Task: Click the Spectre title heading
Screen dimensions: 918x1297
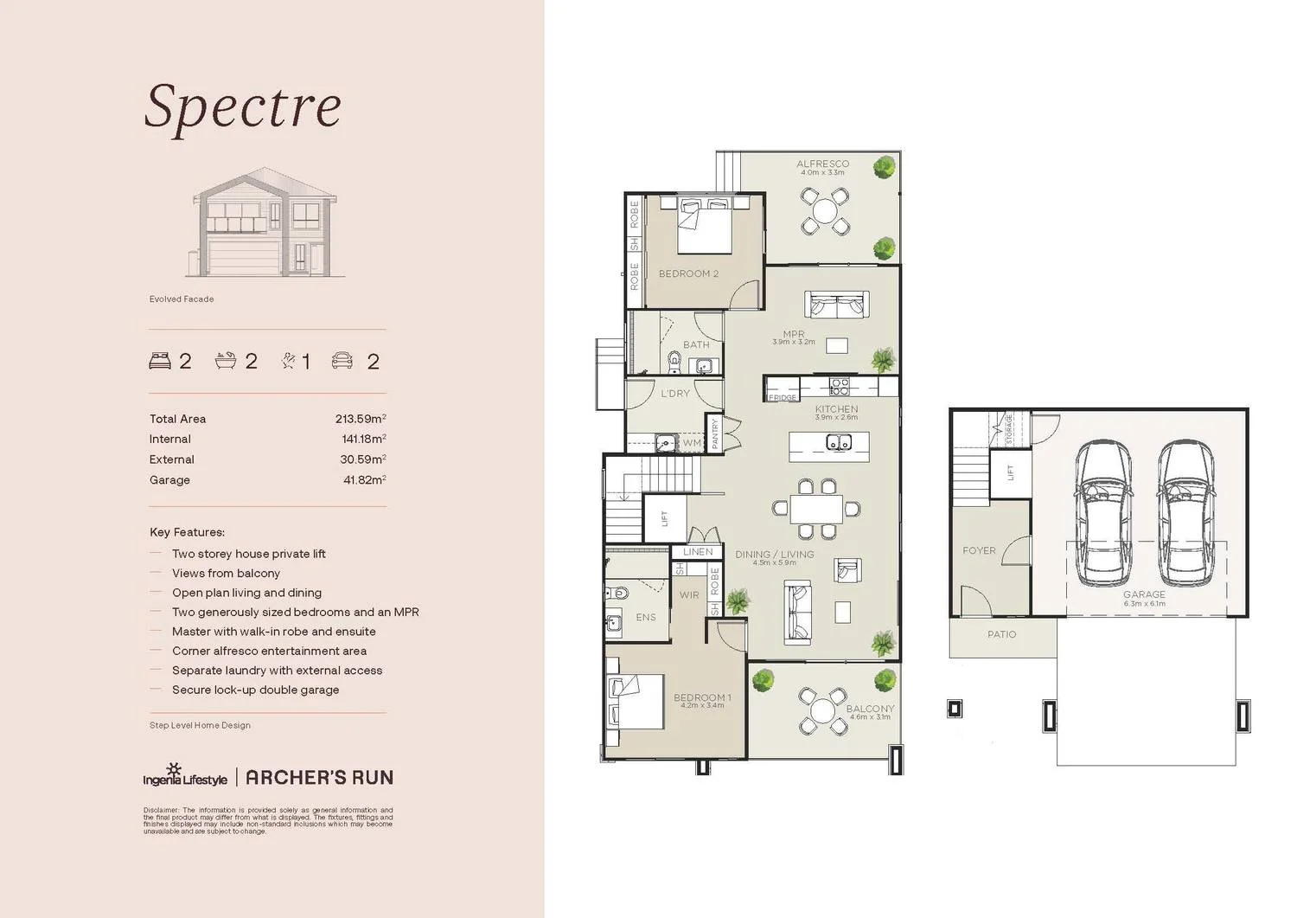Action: pyautogui.click(x=243, y=107)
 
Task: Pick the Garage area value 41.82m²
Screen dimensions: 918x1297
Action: pyautogui.click(x=364, y=480)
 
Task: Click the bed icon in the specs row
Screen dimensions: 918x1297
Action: pyautogui.click(x=160, y=361)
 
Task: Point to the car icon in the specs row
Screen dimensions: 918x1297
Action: pyautogui.click(x=342, y=361)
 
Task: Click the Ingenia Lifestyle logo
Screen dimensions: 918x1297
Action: pyautogui.click(x=185, y=776)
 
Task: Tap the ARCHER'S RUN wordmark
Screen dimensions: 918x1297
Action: pyautogui.click(x=319, y=777)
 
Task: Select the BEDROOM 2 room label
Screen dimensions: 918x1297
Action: pyautogui.click(x=688, y=273)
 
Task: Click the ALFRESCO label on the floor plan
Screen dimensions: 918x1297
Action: pyautogui.click(x=822, y=164)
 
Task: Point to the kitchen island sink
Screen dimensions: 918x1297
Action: pyautogui.click(x=837, y=443)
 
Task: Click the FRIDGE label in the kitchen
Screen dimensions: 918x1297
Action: pyautogui.click(x=783, y=398)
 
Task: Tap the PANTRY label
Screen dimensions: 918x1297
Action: pyautogui.click(x=715, y=433)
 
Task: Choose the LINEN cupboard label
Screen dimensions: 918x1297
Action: pyautogui.click(x=698, y=551)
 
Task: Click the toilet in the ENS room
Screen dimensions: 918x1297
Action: pyautogui.click(x=616, y=594)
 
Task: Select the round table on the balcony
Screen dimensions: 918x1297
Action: pyautogui.click(x=823, y=712)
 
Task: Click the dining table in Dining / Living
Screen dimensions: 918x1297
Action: pyautogui.click(x=815, y=508)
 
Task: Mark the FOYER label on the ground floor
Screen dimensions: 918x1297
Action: pyautogui.click(x=979, y=550)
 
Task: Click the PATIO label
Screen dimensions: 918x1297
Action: pyautogui.click(x=1001, y=634)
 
